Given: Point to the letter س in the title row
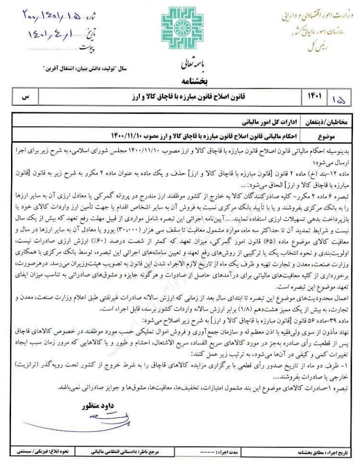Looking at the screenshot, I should click(x=26, y=97).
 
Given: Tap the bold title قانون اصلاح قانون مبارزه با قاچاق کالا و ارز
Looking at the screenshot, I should click(x=180, y=97).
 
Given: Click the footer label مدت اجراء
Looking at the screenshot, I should click(x=227, y=452).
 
